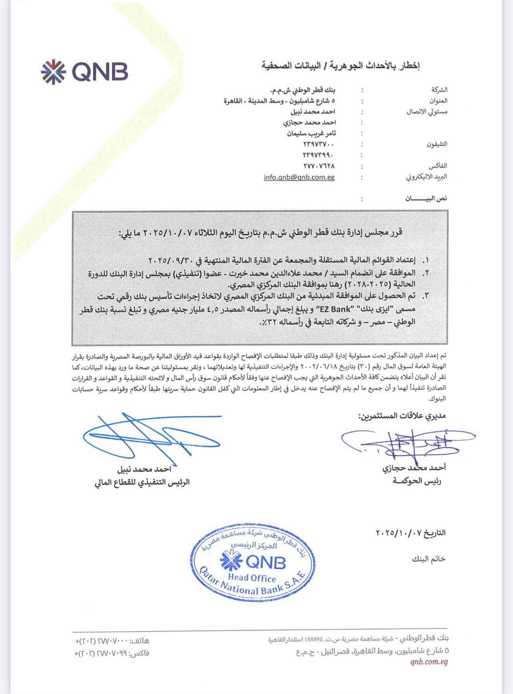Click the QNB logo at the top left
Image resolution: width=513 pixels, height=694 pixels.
point(84,72)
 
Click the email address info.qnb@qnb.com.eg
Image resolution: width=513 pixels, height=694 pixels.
point(299,177)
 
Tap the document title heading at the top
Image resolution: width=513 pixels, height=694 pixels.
point(341,65)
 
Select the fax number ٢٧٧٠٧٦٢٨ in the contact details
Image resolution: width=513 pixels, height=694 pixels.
point(318,166)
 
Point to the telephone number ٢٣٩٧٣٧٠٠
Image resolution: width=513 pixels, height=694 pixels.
point(318,144)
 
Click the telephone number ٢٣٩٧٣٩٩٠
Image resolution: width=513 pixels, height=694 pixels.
point(318,155)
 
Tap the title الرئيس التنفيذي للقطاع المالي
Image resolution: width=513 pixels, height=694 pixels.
point(142,483)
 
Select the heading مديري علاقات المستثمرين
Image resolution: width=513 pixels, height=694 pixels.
point(402,416)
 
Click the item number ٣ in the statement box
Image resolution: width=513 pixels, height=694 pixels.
point(426,296)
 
